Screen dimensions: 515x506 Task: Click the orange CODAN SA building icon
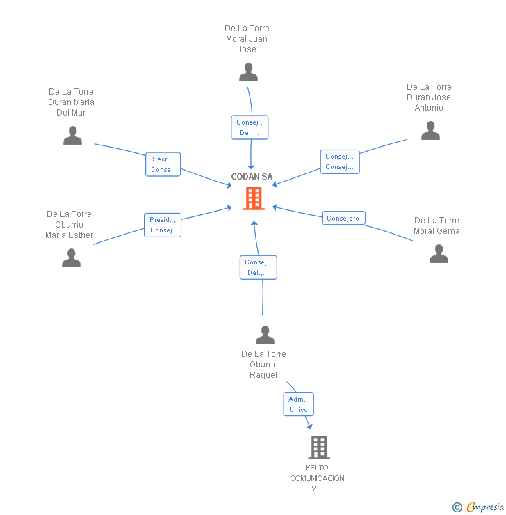[x=253, y=198]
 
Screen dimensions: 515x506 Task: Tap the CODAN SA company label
[x=252, y=177]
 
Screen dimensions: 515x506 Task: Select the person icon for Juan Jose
[x=248, y=72]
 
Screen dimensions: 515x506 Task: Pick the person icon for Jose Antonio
[x=430, y=131]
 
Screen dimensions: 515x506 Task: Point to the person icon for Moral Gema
[x=439, y=254]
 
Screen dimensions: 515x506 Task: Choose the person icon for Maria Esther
[x=71, y=258]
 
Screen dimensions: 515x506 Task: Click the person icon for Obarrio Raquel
[x=265, y=335]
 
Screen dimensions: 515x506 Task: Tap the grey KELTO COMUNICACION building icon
[x=318, y=447]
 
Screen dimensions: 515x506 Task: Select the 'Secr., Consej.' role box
[x=163, y=164]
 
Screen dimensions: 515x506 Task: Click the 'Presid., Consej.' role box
[x=163, y=225]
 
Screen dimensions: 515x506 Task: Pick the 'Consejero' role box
[x=343, y=219]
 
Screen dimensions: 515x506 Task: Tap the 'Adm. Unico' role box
[x=298, y=404]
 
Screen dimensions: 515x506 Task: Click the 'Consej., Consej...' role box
[x=340, y=161]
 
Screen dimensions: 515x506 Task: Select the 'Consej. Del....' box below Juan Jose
[x=249, y=127]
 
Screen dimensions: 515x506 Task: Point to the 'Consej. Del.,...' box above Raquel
[x=259, y=267]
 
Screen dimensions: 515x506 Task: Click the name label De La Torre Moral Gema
[x=436, y=225]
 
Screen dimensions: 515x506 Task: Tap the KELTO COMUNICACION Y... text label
[x=317, y=478]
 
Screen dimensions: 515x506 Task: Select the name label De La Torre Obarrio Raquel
[x=263, y=365]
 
